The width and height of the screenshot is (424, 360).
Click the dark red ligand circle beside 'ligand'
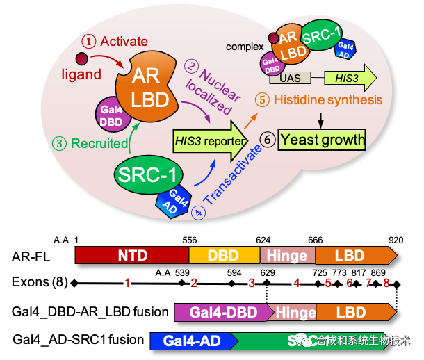(x=82, y=59)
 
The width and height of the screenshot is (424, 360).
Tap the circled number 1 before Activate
(x=90, y=42)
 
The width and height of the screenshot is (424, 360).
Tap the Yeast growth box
(x=322, y=140)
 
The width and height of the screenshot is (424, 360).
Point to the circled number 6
(x=268, y=140)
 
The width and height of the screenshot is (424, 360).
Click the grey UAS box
(x=291, y=79)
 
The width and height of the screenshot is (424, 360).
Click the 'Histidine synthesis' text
(x=327, y=99)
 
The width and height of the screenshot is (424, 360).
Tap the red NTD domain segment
(x=132, y=255)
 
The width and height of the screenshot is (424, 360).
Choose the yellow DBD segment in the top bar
(x=224, y=255)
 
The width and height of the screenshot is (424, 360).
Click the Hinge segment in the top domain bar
(x=288, y=255)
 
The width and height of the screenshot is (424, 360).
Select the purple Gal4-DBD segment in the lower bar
(x=223, y=311)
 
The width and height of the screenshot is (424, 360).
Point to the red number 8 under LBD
(x=386, y=283)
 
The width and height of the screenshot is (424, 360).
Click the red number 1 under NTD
(x=127, y=283)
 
